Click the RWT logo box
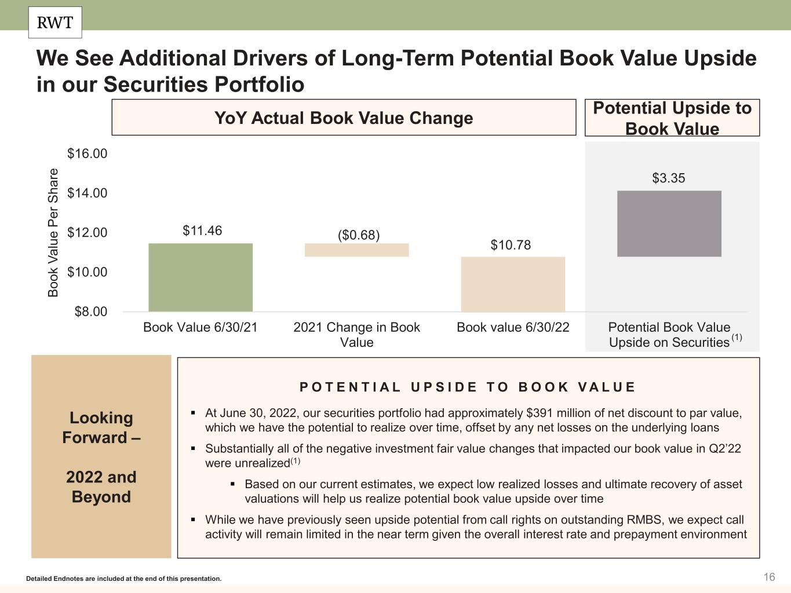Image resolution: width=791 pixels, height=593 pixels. click(55, 23)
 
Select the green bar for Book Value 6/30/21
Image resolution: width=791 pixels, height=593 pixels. click(201, 277)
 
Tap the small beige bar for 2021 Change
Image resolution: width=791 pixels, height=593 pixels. click(356, 250)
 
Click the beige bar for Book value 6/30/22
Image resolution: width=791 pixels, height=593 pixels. click(513, 284)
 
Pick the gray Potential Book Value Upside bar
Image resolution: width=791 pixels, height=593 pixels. click(669, 224)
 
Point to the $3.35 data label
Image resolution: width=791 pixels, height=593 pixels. click(669, 178)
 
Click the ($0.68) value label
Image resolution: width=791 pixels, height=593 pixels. click(359, 235)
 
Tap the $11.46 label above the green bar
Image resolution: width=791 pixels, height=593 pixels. click(202, 230)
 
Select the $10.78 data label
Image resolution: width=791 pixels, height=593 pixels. click(511, 245)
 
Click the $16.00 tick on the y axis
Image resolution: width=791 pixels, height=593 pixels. click(88, 153)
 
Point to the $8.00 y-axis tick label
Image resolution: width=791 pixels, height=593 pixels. click(91, 312)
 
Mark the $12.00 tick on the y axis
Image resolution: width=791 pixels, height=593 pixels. click(88, 232)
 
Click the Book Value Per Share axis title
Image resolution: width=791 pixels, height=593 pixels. click(53, 233)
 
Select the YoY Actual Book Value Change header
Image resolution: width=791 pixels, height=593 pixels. click(344, 118)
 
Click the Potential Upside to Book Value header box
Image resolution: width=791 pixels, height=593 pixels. click(672, 118)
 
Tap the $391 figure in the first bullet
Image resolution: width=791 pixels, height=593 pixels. click(537, 413)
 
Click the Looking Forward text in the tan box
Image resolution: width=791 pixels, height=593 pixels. click(101, 427)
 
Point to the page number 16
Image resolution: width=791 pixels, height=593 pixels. click(769, 577)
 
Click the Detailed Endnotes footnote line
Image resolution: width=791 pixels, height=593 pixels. click(124, 579)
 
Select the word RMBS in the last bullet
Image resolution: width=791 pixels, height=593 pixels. click(643, 519)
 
